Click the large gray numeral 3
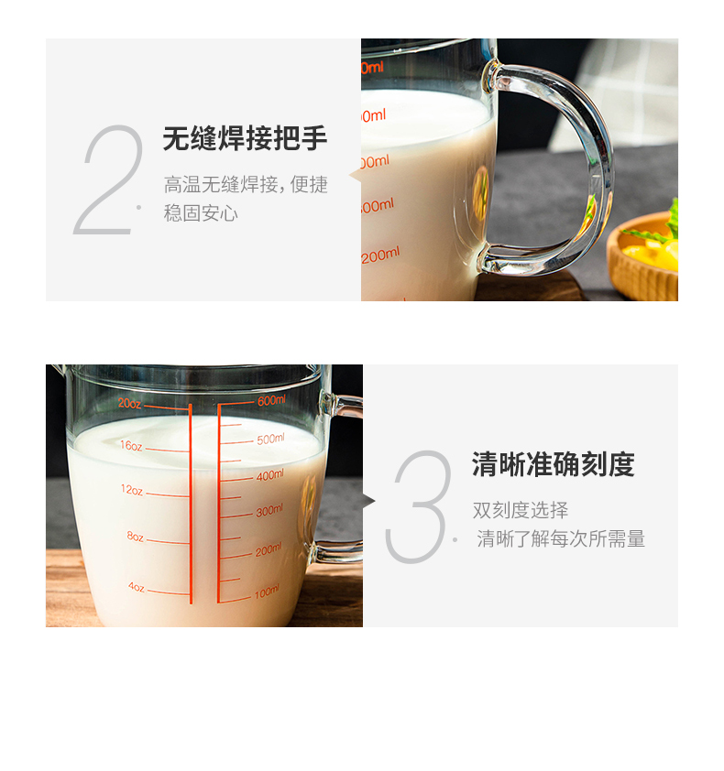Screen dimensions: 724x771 pos(418,506)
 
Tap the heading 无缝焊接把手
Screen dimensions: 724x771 pos(245,138)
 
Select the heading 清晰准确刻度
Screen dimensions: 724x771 pos(554,464)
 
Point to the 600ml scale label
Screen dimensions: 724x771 pos(271,400)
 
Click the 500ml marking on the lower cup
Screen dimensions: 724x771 pos(270,439)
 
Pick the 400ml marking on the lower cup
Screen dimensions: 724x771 pos(269,475)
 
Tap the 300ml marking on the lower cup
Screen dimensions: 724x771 pos(269,511)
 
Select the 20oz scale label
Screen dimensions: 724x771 pos(129,404)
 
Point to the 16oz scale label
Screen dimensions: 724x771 pos(131,446)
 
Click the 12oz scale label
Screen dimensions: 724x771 pos(132,490)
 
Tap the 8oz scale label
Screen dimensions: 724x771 pos(136,537)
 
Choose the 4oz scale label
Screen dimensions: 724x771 pos(137,587)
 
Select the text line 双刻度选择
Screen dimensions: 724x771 pos(521,510)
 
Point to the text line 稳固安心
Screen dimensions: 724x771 pos(201,213)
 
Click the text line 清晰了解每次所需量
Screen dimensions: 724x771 pos(561,539)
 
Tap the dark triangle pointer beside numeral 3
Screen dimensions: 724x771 pos(369,501)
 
